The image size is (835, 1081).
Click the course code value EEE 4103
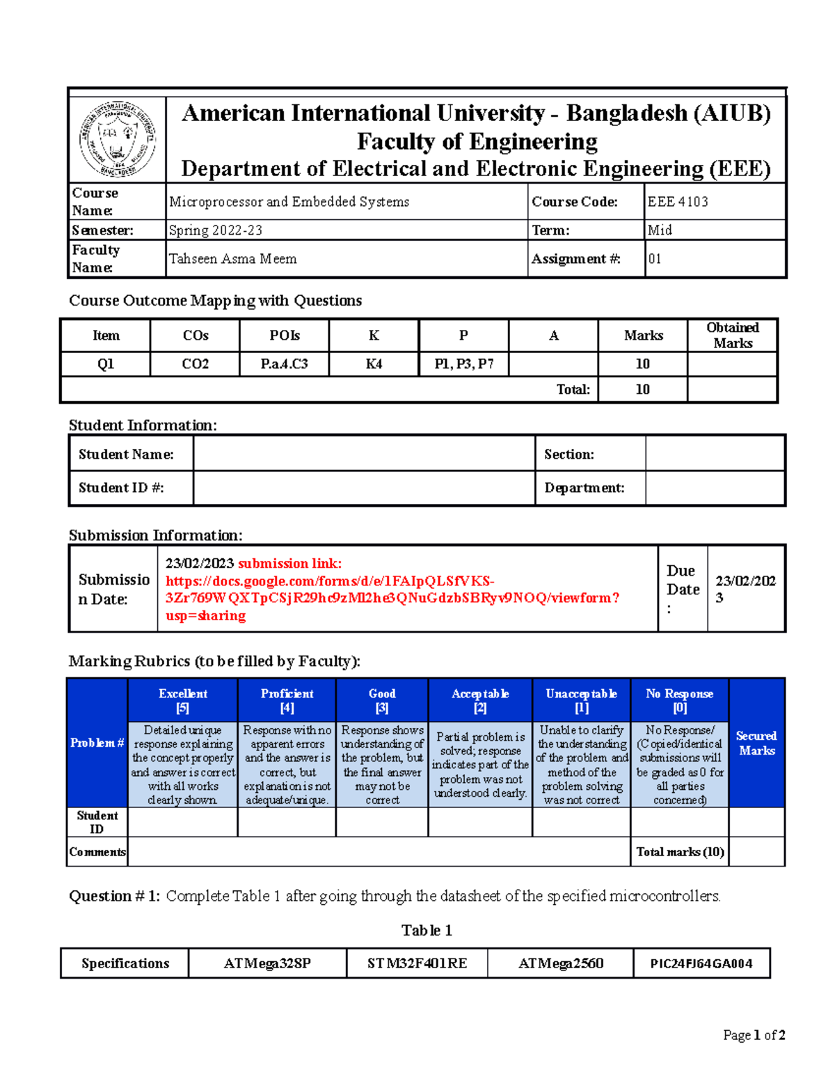[678, 202]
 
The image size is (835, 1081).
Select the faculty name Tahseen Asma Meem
[232, 259]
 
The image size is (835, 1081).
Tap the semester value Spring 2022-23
[216, 230]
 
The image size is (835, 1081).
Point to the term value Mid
[660, 230]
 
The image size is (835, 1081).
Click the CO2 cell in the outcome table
[195, 364]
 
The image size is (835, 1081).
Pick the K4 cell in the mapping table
[374, 364]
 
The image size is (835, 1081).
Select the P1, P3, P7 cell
[463, 364]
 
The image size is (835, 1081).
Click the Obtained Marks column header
[732, 336]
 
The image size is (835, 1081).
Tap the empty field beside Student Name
[364, 455]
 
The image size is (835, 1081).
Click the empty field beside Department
[715, 488]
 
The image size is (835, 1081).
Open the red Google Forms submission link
[390, 590]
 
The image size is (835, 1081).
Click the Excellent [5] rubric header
[182, 700]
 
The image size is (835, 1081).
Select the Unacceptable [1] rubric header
[581, 700]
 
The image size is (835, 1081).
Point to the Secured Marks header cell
[756, 743]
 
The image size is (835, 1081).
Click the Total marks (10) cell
[680, 852]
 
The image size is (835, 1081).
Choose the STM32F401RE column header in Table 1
[417, 963]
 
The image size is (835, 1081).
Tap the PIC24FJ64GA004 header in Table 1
[701, 963]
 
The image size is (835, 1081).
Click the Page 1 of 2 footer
[754, 1035]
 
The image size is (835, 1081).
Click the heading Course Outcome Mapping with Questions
[215, 301]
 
